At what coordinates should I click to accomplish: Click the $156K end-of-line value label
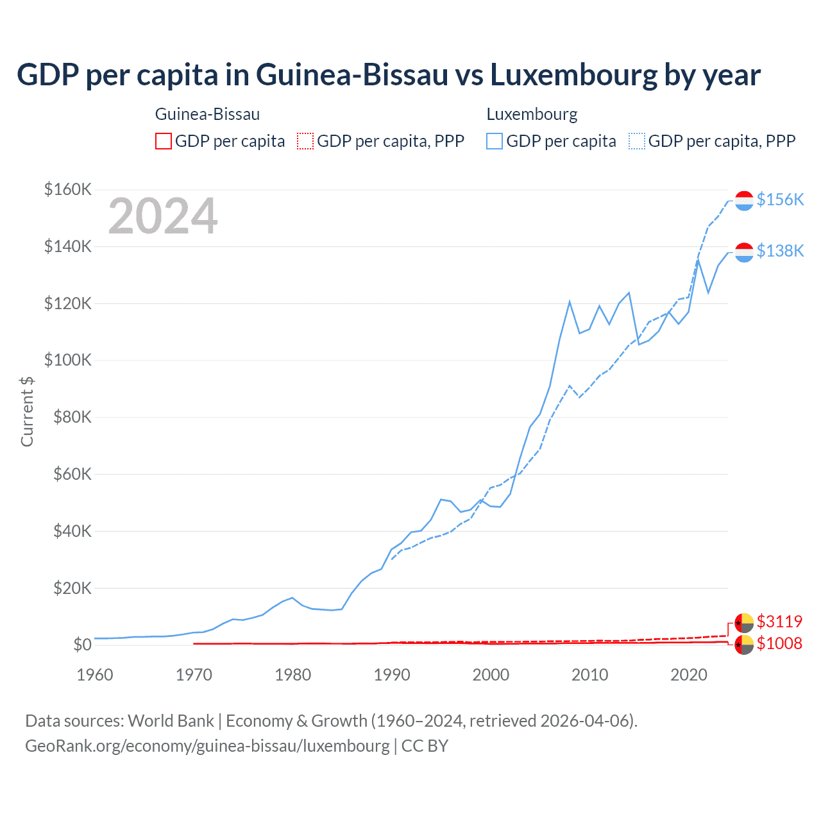click(x=780, y=199)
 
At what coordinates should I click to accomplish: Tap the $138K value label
click(x=780, y=251)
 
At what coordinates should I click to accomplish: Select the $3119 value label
click(x=779, y=622)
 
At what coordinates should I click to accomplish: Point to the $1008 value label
click(x=779, y=643)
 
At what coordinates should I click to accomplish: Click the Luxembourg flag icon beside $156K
click(x=744, y=201)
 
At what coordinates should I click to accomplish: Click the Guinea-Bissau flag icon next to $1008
click(x=744, y=645)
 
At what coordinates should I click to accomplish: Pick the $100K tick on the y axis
click(x=67, y=360)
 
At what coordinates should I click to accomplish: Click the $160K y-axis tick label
click(x=67, y=189)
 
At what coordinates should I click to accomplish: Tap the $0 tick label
click(x=82, y=645)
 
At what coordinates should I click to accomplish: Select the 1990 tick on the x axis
click(x=392, y=675)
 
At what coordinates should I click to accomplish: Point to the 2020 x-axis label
click(x=689, y=675)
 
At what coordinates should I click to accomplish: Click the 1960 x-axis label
click(x=95, y=675)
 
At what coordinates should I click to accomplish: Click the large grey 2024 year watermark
click(x=163, y=217)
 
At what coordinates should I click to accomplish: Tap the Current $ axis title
click(x=27, y=411)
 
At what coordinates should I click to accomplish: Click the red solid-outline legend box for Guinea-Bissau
click(x=164, y=141)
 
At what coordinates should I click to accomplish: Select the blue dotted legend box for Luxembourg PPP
click(x=637, y=141)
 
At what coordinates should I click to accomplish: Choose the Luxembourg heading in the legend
click(x=532, y=114)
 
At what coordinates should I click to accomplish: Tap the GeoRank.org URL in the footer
click(x=207, y=746)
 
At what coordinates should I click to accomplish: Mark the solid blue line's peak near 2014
click(x=629, y=293)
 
